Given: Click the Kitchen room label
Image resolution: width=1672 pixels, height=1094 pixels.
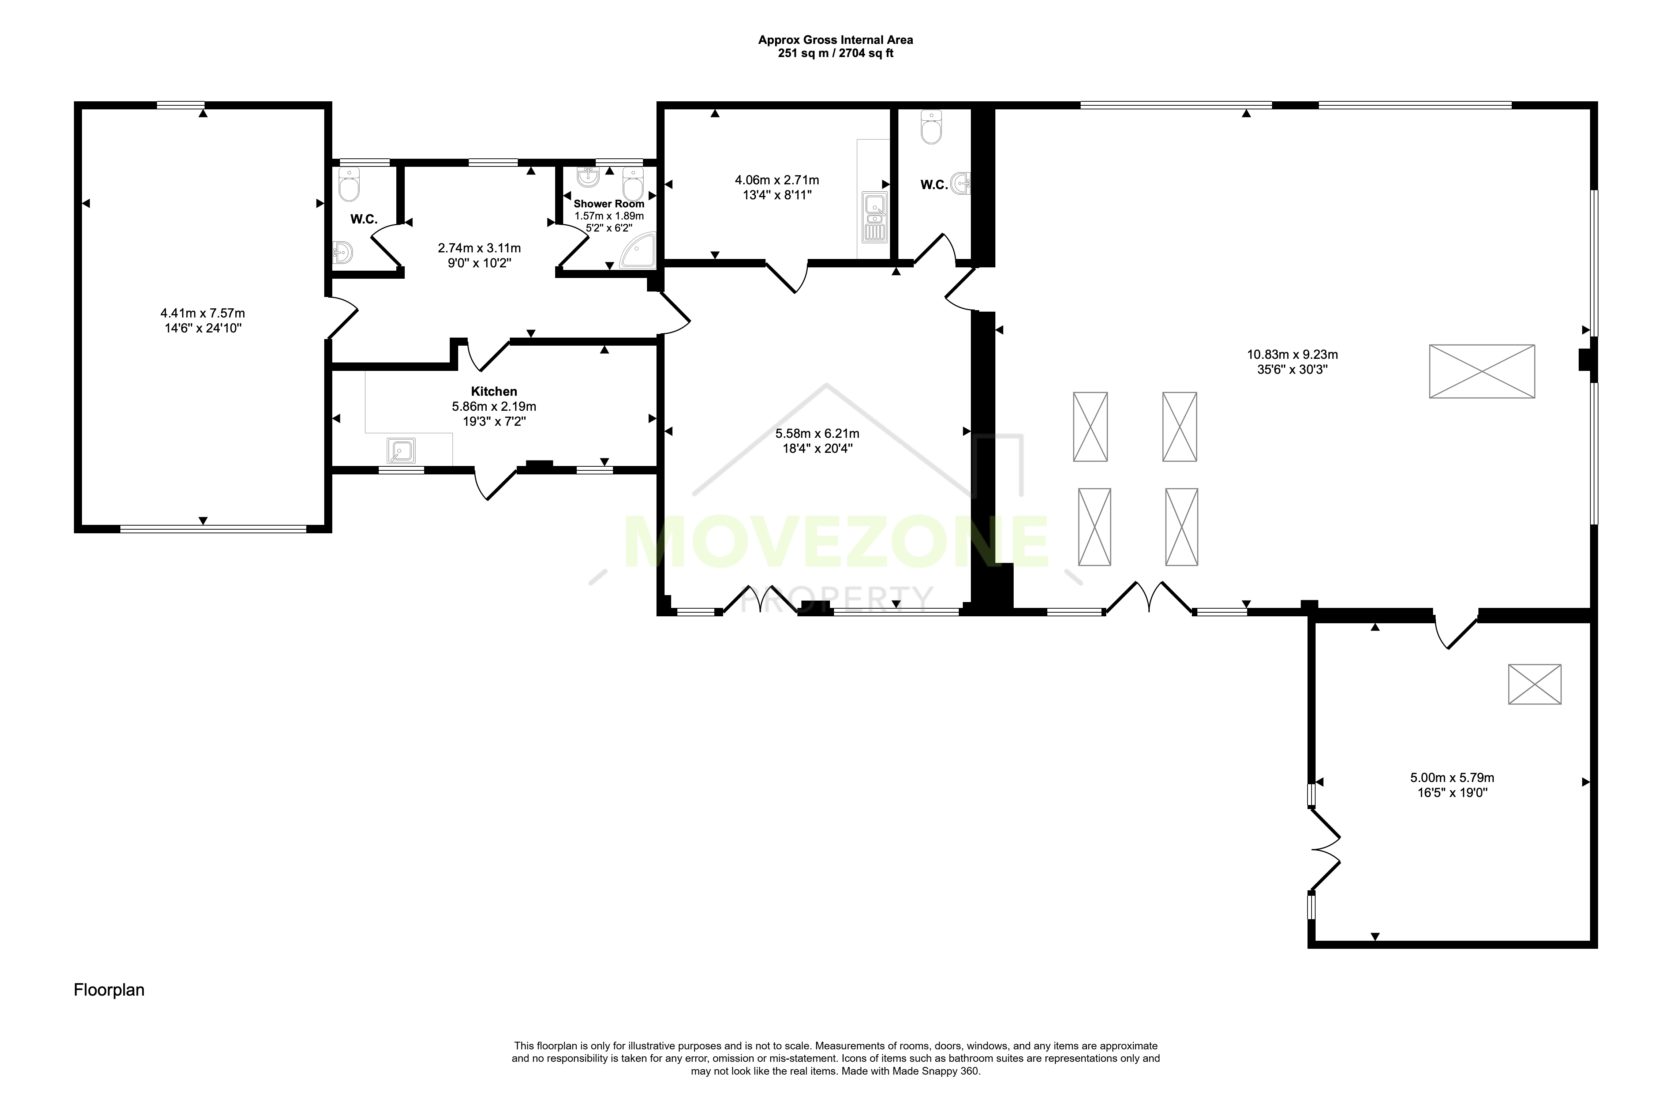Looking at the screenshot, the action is pos(494,391).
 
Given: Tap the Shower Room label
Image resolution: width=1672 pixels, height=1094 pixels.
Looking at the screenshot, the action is pos(609,204).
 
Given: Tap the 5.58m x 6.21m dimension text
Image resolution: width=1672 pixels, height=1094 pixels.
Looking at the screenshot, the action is pos(817,433).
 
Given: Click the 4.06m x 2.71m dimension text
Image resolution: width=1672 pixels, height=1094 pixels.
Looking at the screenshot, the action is pos(777,180).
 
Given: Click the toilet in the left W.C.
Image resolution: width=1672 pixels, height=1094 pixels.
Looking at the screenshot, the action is pos(348,185).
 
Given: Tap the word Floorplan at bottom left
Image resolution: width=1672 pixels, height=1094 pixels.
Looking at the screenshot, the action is pos(109,990).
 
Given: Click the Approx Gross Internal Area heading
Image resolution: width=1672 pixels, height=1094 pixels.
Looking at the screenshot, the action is pos(835,40).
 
